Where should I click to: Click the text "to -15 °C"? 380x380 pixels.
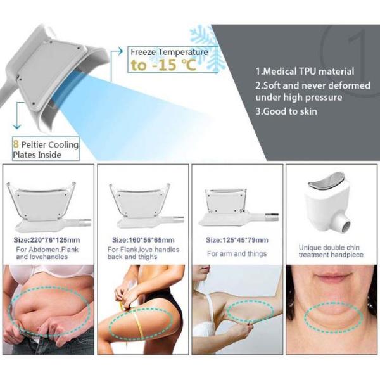(x=163, y=65)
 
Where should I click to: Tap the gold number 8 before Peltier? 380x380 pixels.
(x=16, y=144)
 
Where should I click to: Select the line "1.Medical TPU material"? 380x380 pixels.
(x=305, y=72)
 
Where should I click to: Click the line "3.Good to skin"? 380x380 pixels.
(x=286, y=111)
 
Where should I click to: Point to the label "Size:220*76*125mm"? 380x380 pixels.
(x=47, y=240)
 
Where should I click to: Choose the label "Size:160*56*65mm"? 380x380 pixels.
(x=143, y=240)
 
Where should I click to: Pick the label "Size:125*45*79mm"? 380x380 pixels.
(x=237, y=240)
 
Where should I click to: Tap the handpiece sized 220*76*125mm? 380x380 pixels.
(x=49, y=205)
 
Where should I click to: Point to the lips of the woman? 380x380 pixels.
(x=332, y=277)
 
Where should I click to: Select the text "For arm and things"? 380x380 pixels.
(x=237, y=253)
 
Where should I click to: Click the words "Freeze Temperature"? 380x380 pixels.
(x=169, y=52)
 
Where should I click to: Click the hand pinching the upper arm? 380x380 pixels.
(x=241, y=331)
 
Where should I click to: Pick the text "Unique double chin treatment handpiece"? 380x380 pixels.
(x=331, y=251)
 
